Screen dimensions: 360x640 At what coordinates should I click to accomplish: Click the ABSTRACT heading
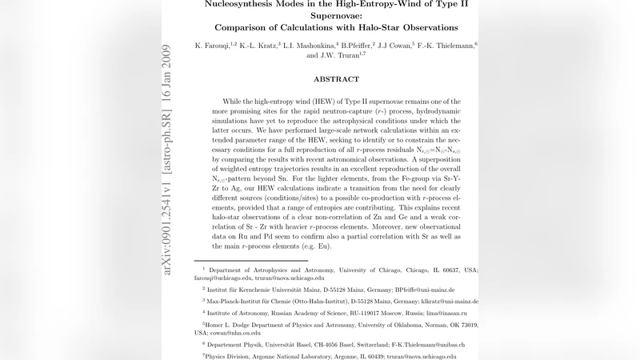336,79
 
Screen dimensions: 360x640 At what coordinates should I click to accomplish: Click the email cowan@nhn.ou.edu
233,332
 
